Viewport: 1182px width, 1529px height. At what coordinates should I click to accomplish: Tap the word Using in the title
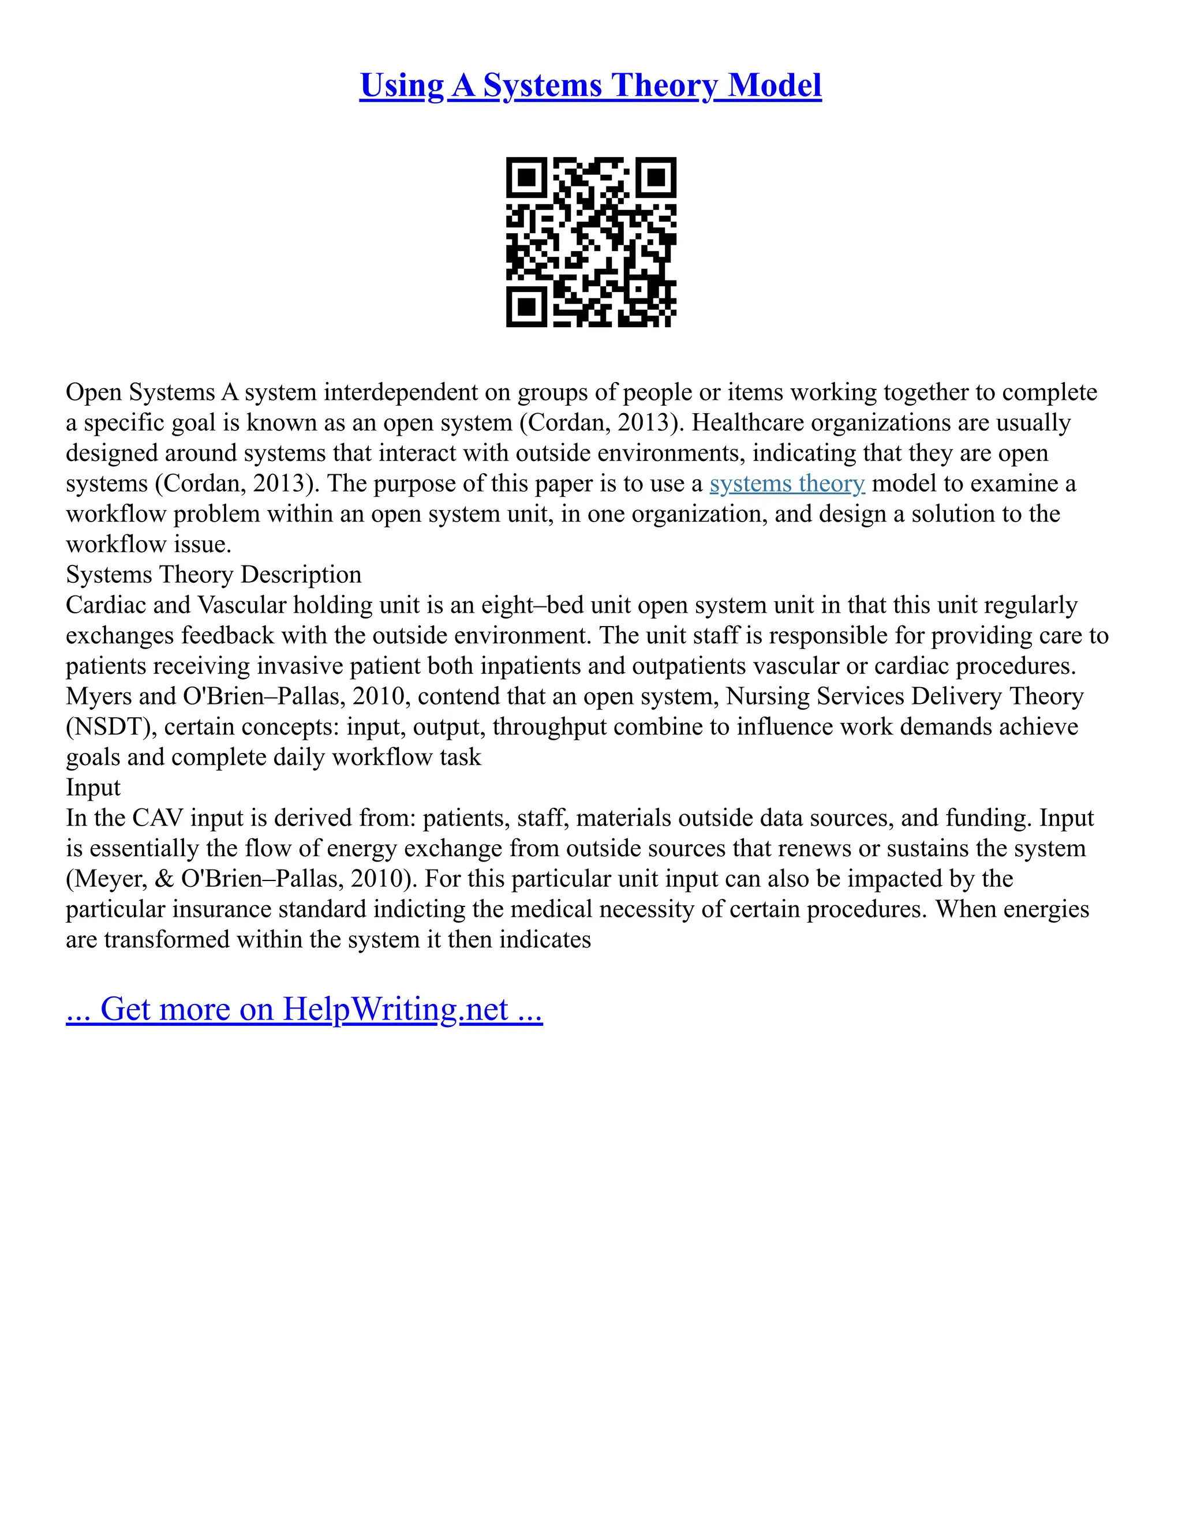tap(402, 85)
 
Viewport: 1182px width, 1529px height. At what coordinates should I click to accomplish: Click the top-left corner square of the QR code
tap(526, 177)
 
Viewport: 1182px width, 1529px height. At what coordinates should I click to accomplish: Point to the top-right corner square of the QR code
tap(656, 177)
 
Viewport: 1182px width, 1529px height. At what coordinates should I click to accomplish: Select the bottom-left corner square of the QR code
tap(526, 306)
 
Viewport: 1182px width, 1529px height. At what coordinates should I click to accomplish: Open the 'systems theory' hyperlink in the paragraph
tap(787, 484)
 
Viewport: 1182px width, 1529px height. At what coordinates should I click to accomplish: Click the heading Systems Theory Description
tap(214, 575)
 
